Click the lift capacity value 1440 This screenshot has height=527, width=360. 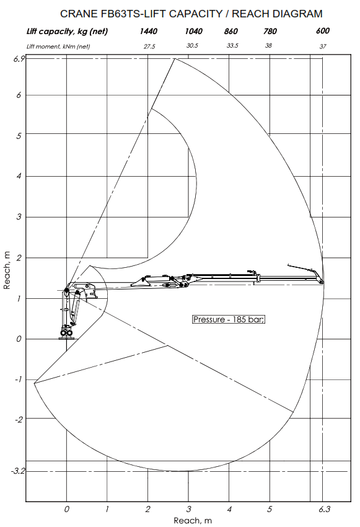[149, 31]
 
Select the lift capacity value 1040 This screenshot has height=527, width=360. [194, 31]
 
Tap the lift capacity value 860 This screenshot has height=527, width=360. [231, 31]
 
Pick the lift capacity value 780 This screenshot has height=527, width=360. [270, 31]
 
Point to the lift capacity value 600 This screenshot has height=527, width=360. [323, 30]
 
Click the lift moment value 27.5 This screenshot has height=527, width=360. [149, 46]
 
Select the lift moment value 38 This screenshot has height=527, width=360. [268, 45]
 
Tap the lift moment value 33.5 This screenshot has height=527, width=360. [232, 45]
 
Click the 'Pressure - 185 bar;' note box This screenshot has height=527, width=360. [229, 319]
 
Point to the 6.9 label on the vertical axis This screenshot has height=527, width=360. [19, 59]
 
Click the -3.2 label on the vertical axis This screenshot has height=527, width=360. [18, 471]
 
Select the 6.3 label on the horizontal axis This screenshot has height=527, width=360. [324, 509]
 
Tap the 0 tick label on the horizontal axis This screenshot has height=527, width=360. [66, 509]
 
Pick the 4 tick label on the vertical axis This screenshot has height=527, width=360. [19, 176]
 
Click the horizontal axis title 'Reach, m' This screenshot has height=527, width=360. [193, 521]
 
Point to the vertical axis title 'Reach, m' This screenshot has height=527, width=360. [7, 270]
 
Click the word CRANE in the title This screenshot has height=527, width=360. [79, 14]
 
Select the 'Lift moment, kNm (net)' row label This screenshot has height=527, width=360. [58, 46]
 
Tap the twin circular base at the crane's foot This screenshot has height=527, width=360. [66, 333]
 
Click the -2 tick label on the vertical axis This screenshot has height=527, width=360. [18, 420]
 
